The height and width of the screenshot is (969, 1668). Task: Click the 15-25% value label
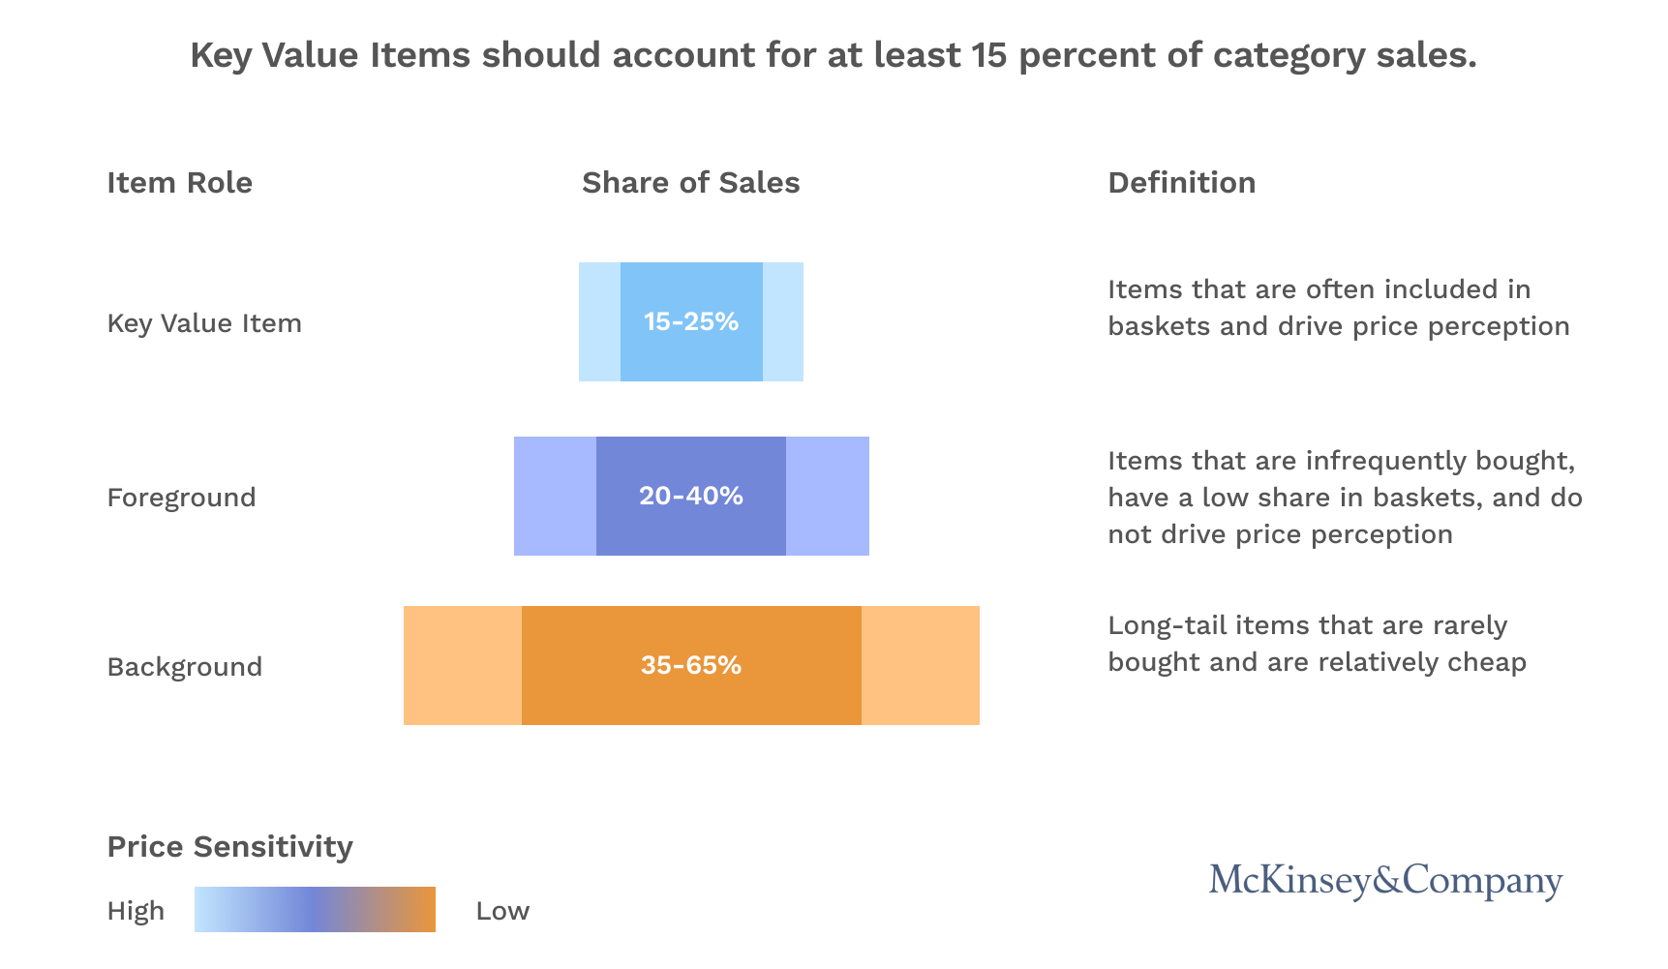click(690, 321)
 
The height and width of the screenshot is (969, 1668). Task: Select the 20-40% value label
click(690, 496)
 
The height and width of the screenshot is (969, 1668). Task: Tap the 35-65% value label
click(690, 665)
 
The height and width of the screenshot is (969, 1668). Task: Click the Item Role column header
click(179, 183)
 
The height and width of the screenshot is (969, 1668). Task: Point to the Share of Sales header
click(690, 183)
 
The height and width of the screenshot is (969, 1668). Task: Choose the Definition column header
click(1181, 183)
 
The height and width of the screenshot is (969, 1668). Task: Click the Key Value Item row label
click(204, 323)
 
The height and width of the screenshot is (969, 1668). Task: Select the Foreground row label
click(181, 498)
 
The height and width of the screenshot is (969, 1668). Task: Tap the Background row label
click(184, 667)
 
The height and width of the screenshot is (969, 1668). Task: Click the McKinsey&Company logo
click(1385, 880)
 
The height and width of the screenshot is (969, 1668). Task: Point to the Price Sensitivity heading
click(229, 847)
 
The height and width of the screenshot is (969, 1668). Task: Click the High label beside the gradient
click(136, 911)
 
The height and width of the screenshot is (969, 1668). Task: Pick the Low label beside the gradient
click(502, 911)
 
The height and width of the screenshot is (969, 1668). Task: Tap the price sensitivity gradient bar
click(315, 910)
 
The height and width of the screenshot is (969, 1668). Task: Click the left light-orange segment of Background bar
click(462, 665)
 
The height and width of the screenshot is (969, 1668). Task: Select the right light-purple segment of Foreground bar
click(827, 496)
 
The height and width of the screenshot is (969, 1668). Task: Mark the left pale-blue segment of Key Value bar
click(599, 321)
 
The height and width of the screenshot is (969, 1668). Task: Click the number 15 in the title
click(989, 55)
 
